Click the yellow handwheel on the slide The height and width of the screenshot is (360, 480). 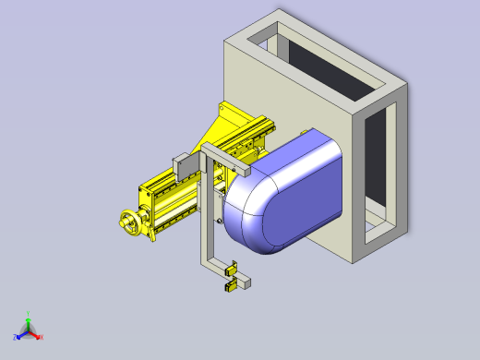[x=131, y=223]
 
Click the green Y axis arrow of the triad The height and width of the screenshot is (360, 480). [x=28, y=317]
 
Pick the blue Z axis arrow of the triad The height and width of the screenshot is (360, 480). [x=19, y=335]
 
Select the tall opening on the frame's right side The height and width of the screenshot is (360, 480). [x=377, y=166]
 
